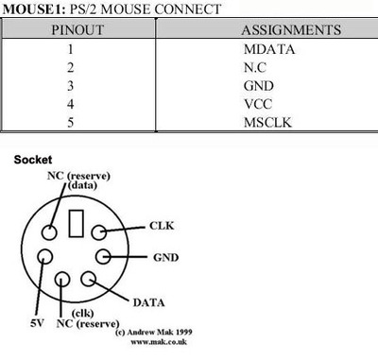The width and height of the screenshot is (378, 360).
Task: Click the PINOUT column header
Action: tap(70, 30)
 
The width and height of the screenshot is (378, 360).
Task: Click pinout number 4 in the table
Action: tap(70, 103)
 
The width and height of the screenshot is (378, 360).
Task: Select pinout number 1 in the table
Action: tap(70, 48)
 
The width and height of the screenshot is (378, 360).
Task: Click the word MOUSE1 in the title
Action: tap(30, 9)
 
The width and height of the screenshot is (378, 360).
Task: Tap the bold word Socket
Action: tap(34, 160)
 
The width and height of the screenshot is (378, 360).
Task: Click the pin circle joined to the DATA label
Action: tap(91, 279)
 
